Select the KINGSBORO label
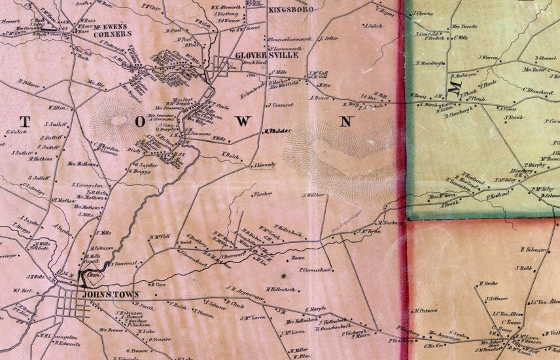[x=291, y=9]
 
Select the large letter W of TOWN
[x=243, y=122]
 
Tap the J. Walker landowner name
[x=313, y=195]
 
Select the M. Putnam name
[x=425, y=311]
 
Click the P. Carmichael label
[x=317, y=269]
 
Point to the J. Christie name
[x=423, y=13]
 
